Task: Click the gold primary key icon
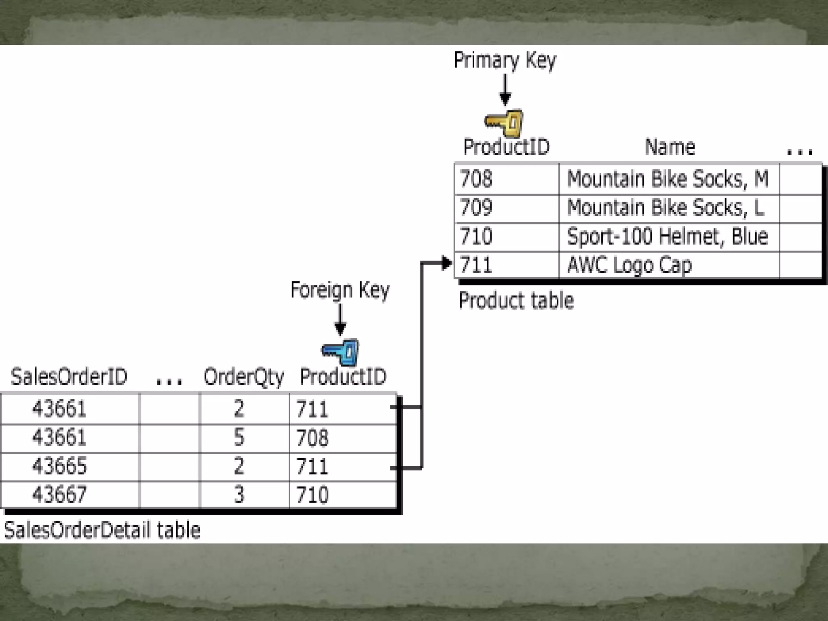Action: pos(504,123)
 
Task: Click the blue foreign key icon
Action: pos(340,352)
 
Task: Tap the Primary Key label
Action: pos(505,61)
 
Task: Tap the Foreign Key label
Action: pos(340,290)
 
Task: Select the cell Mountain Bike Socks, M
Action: pos(667,179)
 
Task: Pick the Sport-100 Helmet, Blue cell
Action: pos(667,237)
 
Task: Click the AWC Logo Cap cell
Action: pos(629,265)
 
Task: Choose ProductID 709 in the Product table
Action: pos(476,207)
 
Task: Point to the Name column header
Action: pos(670,147)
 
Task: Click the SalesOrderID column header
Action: pos(69,376)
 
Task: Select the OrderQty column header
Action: pos(243,377)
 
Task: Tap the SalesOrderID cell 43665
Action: pos(59,466)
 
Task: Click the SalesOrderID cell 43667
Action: pos(59,494)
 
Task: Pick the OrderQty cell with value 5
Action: pos(239,437)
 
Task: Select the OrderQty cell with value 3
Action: pos(239,494)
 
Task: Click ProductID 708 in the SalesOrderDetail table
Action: pos(312,437)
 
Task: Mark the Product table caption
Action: pos(516,301)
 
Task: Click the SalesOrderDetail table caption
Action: pos(102,530)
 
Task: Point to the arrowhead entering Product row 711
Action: pos(446,263)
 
